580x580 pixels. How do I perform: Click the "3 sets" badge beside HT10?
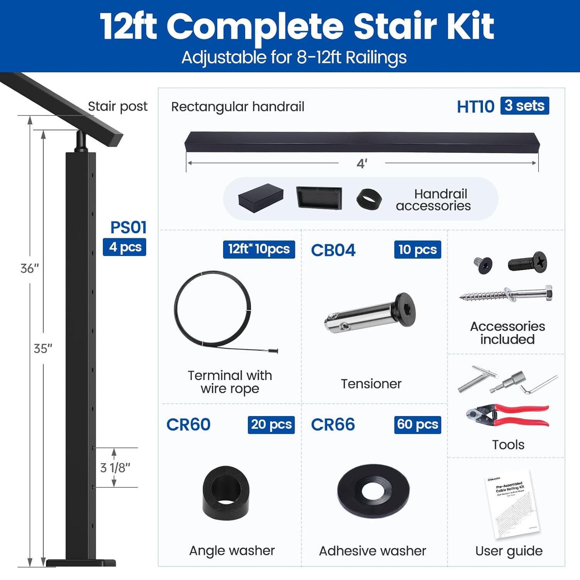tap(524, 106)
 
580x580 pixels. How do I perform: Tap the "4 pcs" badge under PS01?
tap(125, 247)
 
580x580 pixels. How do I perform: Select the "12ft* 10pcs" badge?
tap(259, 249)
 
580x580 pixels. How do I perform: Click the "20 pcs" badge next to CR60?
tap(271, 425)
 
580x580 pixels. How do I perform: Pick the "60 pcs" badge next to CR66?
tap(417, 425)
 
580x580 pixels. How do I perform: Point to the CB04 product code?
tap(333, 250)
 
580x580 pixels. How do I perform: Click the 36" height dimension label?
tap(30, 268)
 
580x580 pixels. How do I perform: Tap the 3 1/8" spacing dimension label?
tap(115, 468)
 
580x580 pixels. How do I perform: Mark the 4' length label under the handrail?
tap(362, 164)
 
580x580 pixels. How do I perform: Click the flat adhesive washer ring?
tap(373, 491)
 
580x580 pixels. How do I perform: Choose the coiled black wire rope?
tap(212, 308)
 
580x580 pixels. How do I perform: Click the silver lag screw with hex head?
tap(506, 295)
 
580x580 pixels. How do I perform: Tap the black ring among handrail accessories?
tap(369, 200)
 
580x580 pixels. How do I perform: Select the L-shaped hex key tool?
tap(538, 385)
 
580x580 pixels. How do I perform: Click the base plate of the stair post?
tap(81, 563)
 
